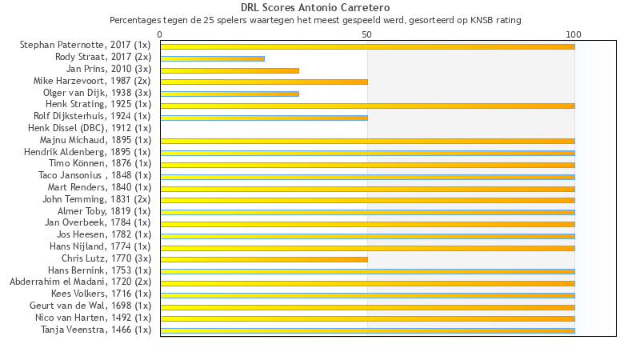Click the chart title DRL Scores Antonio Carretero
click(x=315, y=8)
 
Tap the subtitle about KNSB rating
click(x=315, y=20)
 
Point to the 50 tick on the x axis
click(x=367, y=34)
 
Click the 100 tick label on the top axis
click(x=574, y=34)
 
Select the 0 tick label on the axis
click(x=160, y=34)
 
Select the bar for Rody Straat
click(x=212, y=58)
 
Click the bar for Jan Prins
click(x=230, y=70)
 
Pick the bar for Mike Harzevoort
click(x=264, y=82)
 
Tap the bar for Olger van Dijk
click(x=230, y=94)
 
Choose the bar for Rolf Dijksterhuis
click(x=264, y=118)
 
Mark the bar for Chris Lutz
click(x=264, y=259)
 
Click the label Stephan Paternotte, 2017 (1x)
click(x=86, y=46)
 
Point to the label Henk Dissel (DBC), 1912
click(x=90, y=128)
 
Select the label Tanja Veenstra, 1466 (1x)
click(x=96, y=329)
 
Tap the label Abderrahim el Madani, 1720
click(x=80, y=282)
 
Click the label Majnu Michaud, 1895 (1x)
click(x=95, y=140)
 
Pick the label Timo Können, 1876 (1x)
click(x=100, y=163)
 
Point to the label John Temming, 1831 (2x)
click(x=97, y=199)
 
